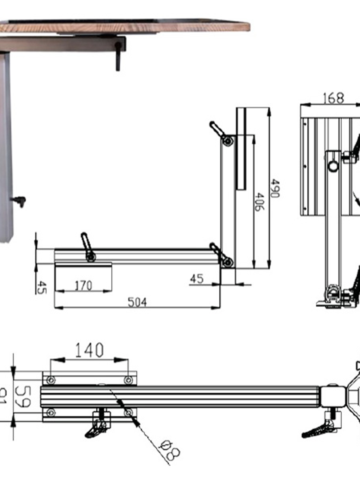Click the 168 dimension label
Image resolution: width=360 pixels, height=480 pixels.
point(333,98)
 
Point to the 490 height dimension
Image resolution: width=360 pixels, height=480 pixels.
point(275,189)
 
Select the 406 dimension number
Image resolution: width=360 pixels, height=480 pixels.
point(259,202)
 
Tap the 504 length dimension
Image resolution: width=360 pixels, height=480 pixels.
point(137,302)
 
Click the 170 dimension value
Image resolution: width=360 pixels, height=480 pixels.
point(83,285)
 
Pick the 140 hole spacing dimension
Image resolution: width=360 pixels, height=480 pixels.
point(89,350)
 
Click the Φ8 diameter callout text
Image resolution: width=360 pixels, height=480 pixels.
point(170,449)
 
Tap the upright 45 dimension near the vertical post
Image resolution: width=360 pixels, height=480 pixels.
point(197,279)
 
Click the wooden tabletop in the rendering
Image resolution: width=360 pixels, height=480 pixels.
point(126,27)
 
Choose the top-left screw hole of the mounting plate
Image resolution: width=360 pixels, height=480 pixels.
point(51,380)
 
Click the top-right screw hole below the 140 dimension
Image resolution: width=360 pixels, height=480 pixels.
point(128,380)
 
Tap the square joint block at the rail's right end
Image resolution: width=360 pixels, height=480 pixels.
point(332,396)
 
